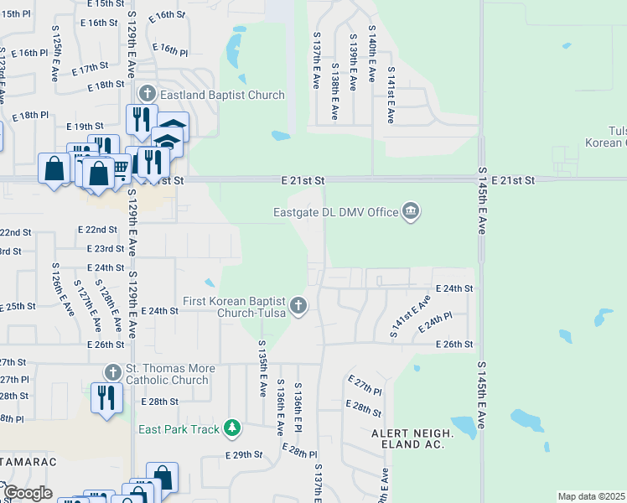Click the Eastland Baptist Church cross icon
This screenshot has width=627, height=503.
tap(148, 93)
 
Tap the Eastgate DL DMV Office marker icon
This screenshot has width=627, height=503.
tap(411, 211)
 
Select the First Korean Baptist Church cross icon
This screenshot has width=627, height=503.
tap(299, 307)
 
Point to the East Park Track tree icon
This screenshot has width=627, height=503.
tap(232, 429)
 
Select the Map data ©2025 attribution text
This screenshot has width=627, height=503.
tap(592, 496)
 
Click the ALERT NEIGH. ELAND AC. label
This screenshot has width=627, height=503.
tap(412, 439)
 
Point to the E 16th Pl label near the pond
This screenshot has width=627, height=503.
tap(170, 49)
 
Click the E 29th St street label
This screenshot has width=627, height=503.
tap(244, 454)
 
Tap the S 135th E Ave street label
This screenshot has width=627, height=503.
tap(262, 369)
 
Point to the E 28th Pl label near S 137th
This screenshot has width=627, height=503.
tap(297, 451)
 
